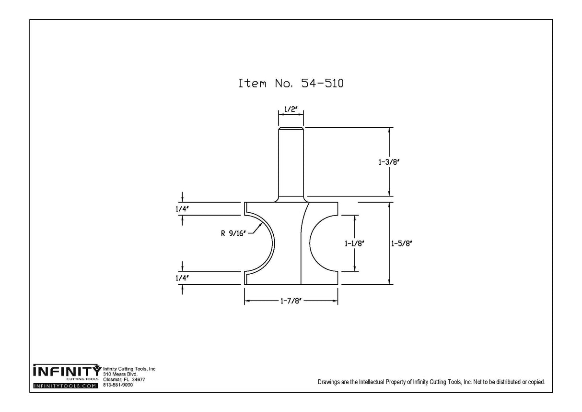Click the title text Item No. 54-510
point(291,83)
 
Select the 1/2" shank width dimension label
point(291,109)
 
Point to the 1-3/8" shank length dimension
point(389,162)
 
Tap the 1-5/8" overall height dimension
point(402,243)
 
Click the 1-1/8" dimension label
point(355,243)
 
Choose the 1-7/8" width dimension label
point(291,302)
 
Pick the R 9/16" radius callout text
point(233,233)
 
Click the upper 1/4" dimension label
point(182,209)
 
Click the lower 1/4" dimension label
point(182,278)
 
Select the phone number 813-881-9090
point(118,385)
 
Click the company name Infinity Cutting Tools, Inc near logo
point(129,369)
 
